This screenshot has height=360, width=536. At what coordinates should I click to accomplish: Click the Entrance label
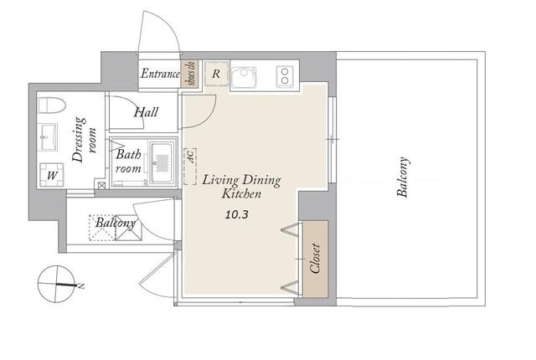[160, 74]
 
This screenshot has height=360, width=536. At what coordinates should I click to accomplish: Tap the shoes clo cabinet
[188, 73]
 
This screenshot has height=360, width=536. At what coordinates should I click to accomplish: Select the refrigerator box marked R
[216, 74]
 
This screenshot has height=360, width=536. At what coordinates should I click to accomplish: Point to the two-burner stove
[285, 76]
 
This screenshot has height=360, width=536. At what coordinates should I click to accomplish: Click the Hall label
[146, 112]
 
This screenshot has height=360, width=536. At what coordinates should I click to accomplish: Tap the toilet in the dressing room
[51, 105]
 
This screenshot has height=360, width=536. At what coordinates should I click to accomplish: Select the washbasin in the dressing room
[47, 137]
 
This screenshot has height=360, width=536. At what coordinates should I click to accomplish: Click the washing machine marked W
[52, 175]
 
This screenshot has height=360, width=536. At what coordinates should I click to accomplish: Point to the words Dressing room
[85, 140]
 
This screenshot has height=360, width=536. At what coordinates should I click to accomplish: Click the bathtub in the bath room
[162, 163]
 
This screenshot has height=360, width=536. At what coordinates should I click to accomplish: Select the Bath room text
[128, 162]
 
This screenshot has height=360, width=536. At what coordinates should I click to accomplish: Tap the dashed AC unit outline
[190, 167]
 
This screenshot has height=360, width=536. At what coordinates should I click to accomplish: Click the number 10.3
[236, 214]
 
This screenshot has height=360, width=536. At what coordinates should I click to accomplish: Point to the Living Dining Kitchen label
[241, 187]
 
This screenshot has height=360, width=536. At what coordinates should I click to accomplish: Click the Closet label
[315, 258]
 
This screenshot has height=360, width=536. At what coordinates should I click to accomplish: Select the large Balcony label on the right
[402, 177]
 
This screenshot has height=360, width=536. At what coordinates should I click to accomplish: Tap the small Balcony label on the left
[116, 223]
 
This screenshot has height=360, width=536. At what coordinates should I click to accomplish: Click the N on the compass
[81, 285]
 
